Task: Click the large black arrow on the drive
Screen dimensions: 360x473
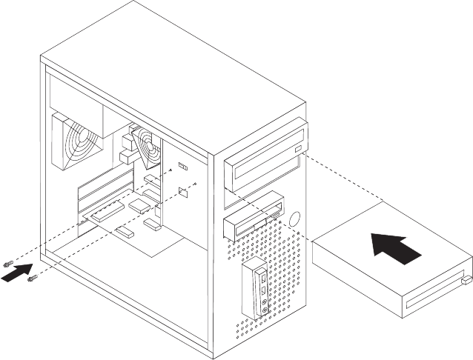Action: [x=395, y=247]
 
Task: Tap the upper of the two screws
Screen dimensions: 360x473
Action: [x=8, y=264]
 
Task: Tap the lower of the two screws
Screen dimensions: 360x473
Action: [x=31, y=279]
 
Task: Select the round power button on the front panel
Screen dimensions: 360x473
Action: [x=295, y=219]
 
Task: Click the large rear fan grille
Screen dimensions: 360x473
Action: [x=77, y=143]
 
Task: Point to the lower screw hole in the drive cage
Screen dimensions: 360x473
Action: [x=194, y=182]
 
